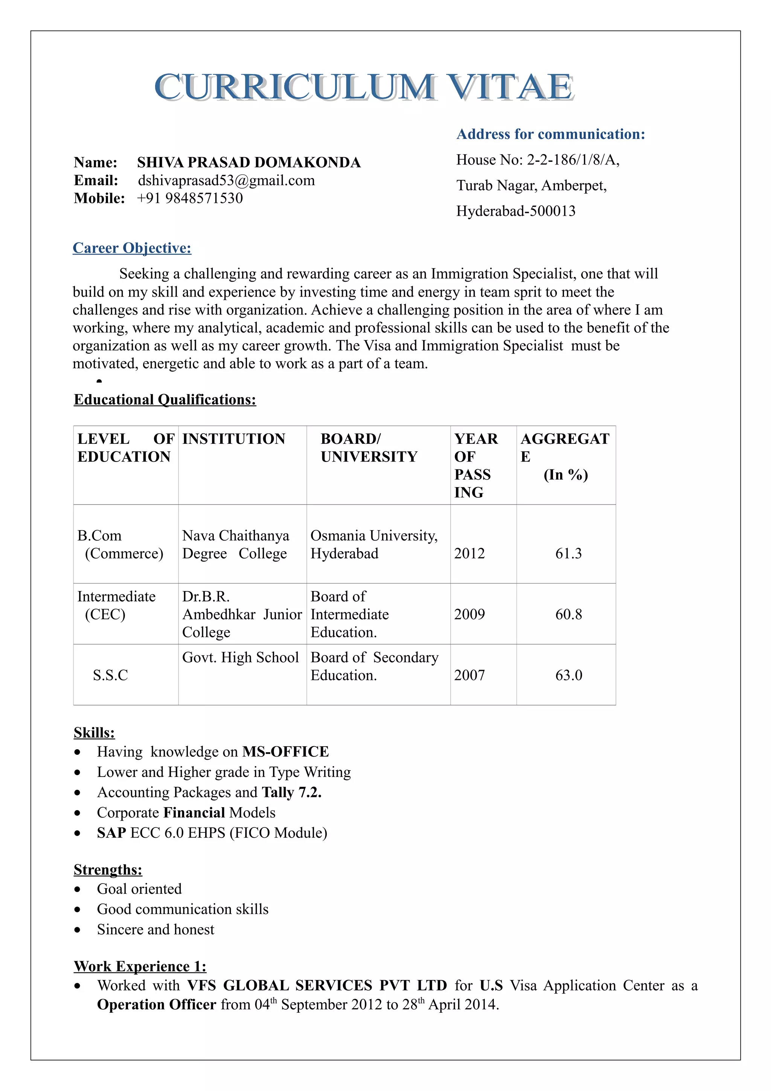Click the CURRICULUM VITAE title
[x=364, y=87]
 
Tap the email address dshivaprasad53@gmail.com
[x=226, y=181]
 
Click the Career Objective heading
[x=132, y=248]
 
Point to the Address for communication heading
[x=550, y=134]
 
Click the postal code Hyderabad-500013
[x=515, y=211]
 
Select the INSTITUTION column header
[x=234, y=439]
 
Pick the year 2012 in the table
[x=469, y=553]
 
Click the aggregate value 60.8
[x=568, y=614]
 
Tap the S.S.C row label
[x=110, y=675]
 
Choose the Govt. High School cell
[x=241, y=658]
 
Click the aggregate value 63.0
[x=568, y=675]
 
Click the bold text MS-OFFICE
[x=285, y=752]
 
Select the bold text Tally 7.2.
[x=292, y=792]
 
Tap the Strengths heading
[x=108, y=870]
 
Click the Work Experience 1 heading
[x=140, y=966]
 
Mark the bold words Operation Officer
[x=156, y=1004]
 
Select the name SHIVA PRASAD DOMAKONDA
[x=249, y=163]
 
